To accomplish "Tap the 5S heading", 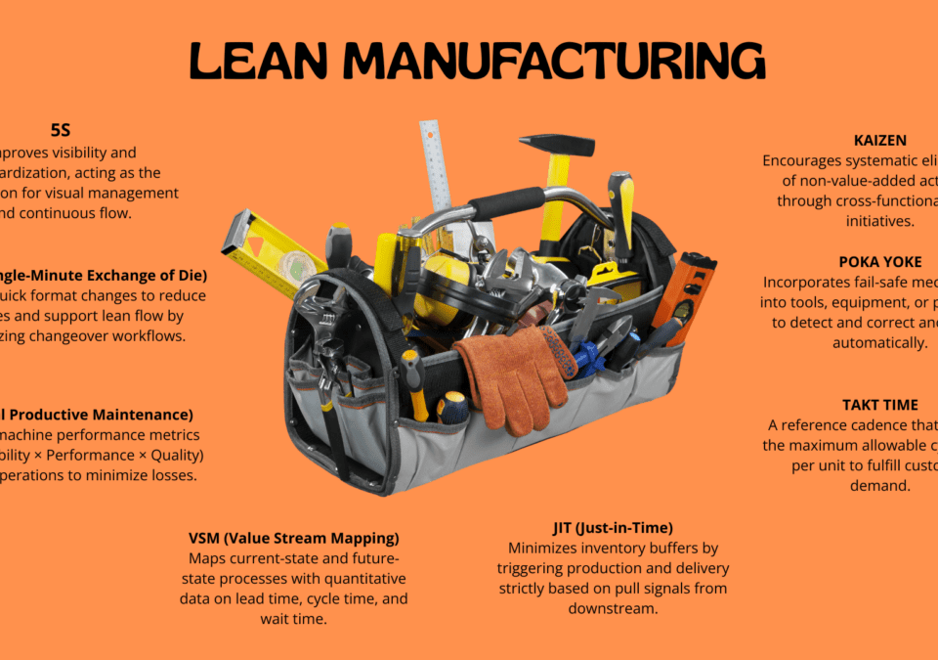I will [61, 129].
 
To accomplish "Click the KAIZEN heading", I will [881, 140].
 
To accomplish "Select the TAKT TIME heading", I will [879, 404].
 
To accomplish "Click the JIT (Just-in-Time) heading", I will [613, 527].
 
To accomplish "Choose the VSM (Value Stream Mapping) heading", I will [294, 538].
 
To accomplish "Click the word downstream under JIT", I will [613, 608].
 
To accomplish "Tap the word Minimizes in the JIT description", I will [542, 548].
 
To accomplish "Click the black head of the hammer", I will [556, 145].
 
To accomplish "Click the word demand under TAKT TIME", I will [879, 485].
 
